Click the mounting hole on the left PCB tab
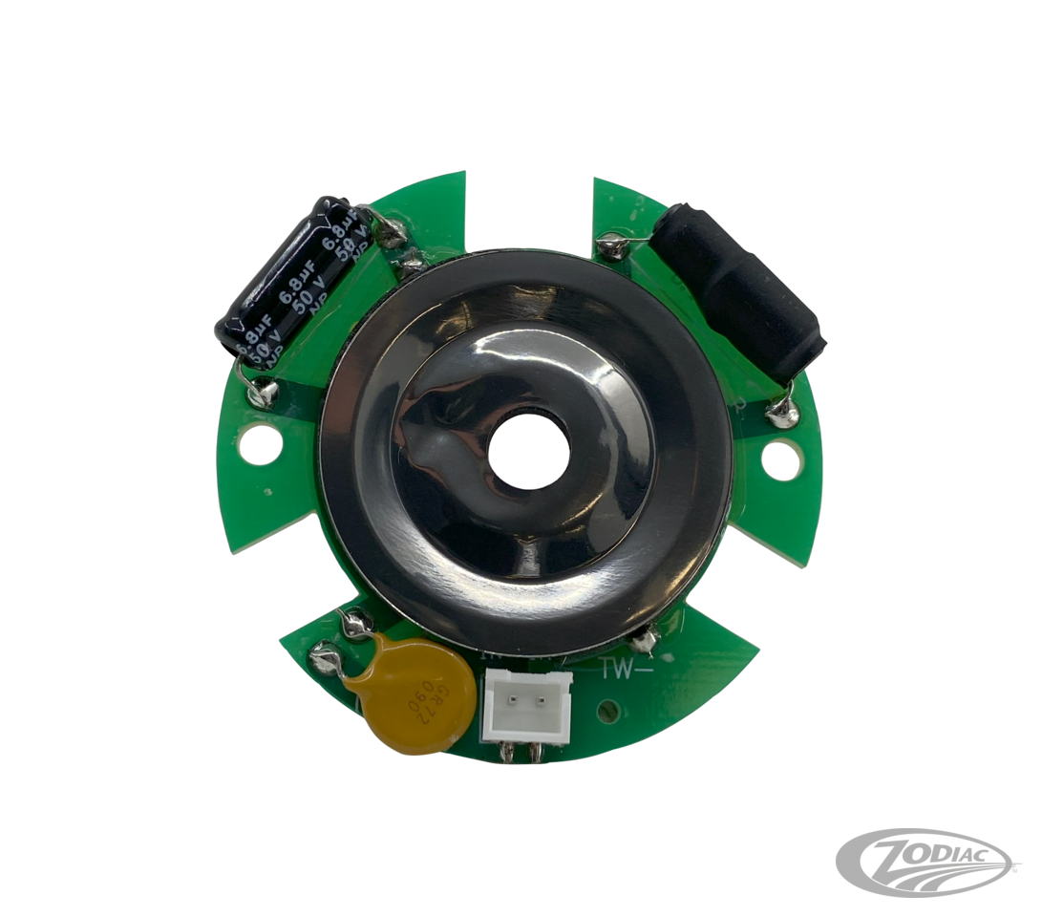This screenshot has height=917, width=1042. (258, 442)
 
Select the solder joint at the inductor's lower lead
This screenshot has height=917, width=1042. (785, 411)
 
